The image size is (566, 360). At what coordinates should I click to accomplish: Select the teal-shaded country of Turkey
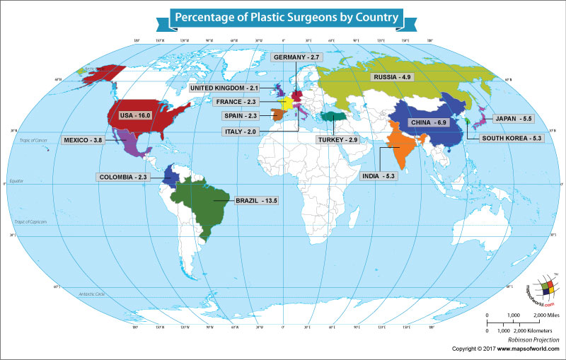click(x=332, y=117)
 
